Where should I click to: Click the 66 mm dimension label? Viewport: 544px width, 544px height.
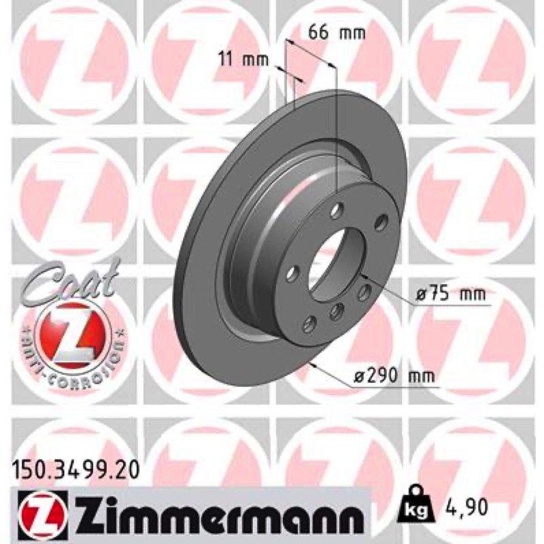[337, 33]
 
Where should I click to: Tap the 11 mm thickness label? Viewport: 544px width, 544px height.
[243, 59]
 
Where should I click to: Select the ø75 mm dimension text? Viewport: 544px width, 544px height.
[451, 294]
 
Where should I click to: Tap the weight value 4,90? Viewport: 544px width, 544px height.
[465, 507]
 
